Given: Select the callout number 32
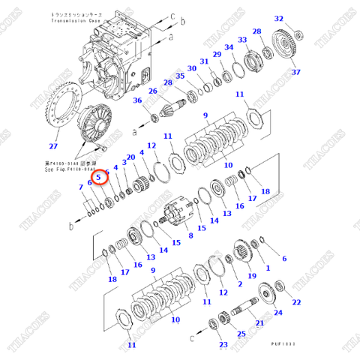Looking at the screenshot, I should pyautogui.click(x=279, y=19).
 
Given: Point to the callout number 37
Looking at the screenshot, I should pyautogui.click(x=295, y=72).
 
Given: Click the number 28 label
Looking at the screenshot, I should pyautogui.click(x=256, y=31).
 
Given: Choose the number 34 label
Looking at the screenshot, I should pyautogui.click(x=230, y=48).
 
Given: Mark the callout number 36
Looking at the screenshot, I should pyautogui.click(x=137, y=100).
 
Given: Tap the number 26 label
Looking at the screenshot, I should pyautogui.click(x=152, y=91).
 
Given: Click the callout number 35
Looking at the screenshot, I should pyautogui.click(x=180, y=76).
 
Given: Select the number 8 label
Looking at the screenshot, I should pyautogui.click(x=190, y=235).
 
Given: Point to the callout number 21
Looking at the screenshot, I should pyautogui.click(x=259, y=323).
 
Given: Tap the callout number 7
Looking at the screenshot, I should pyautogui.click(x=81, y=186).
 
